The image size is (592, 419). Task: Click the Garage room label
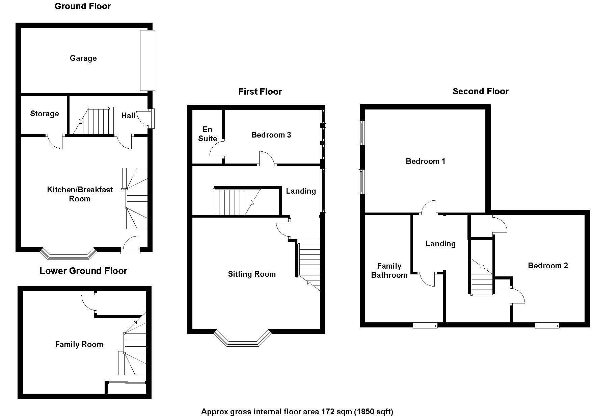pyautogui.click(x=83, y=58)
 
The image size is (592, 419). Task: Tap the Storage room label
pyautogui.click(x=44, y=114)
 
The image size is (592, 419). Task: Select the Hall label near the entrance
pyautogui.click(x=128, y=116)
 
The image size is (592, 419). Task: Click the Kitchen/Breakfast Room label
pyautogui.click(x=80, y=194)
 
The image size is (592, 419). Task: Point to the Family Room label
pyautogui.click(x=79, y=344)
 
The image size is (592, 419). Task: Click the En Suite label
pyautogui.click(x=208, y=134)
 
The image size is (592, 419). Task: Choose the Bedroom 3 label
pyautogui.click(x=271, y=135)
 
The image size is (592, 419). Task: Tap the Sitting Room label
pyautogui.click(x=251, y=274)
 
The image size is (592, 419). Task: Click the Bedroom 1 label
pyautogui.click(x=425, y=161)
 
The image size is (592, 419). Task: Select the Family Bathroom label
pyautogui.click(x=389, y=271)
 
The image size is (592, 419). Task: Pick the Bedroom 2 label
pyautogui.click(x=548, y=266)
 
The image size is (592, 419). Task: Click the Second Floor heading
pyautogui.click(x=480, y=91)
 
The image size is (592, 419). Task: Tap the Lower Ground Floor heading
pyautogui.click(x=83, y=271)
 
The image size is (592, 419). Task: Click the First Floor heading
pyautogui.click(x=260, y=92)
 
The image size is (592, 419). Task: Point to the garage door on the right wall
pyautogui.click(x=147, y=60)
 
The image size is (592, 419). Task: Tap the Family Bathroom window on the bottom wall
pyautogui.click(x=425, y=326)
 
